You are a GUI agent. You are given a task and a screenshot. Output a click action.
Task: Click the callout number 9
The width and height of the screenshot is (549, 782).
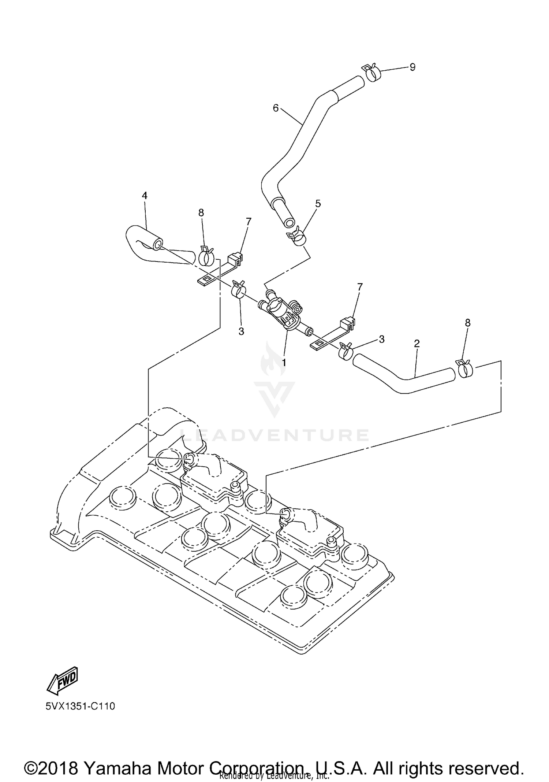point(412,67)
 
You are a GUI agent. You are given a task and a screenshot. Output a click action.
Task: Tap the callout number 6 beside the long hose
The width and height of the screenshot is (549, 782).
point(276,108)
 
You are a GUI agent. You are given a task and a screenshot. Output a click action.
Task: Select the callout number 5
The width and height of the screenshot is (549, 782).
point(318,204)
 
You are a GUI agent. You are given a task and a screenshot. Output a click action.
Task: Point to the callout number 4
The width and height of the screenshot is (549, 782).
point(145,196)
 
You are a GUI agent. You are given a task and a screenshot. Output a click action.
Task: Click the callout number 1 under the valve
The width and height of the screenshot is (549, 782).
point(284,363)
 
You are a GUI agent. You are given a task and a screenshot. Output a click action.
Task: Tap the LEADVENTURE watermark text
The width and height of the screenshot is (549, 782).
point(274,435)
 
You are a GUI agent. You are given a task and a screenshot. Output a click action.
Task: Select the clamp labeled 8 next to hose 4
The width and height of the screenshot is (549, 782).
point(206,256)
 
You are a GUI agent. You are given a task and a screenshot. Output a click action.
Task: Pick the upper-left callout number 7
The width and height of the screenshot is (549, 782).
point(249,221)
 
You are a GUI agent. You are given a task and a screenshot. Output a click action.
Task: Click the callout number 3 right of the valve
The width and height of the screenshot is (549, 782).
point(382,339)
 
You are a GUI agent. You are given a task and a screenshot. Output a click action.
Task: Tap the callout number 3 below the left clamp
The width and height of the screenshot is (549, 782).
point(241,331)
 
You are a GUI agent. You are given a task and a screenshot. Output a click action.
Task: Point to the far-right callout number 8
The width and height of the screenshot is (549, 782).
point(467,323)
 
